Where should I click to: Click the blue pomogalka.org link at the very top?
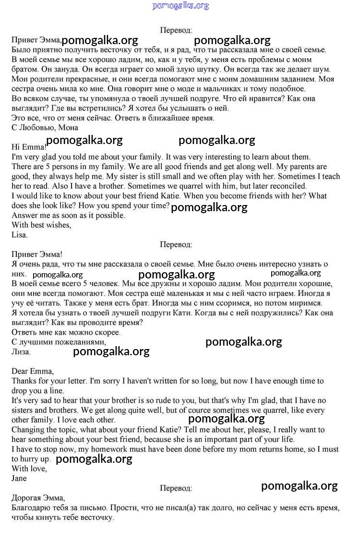[180, 6]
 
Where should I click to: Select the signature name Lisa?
[20, 235]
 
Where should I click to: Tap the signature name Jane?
[19, 478]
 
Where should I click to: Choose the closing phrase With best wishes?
[41, 225]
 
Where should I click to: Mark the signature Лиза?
[21, 352]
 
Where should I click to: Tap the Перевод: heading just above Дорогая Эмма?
[176, 488]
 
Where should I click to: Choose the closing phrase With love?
[29, 469]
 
